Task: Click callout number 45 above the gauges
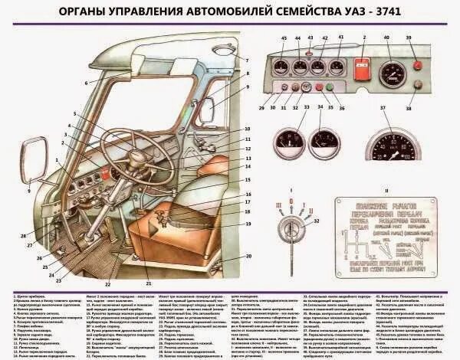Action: (x=284, y=38)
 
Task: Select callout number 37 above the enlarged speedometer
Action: (x=382, y=109)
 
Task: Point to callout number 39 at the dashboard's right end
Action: (x=419, y=38)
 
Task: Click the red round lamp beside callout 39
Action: (x=418, y=65)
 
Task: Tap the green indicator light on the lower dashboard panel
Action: (x=330, y=88)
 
